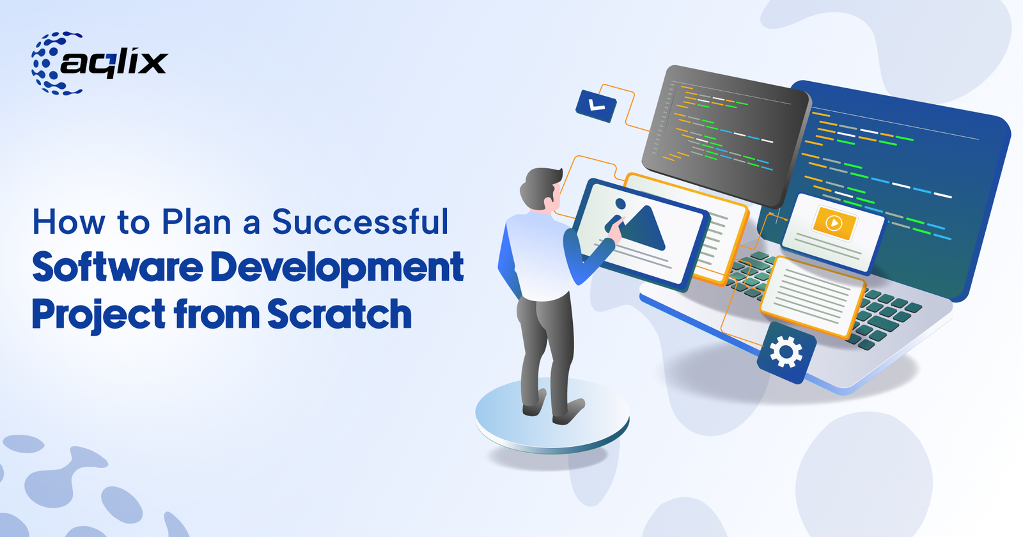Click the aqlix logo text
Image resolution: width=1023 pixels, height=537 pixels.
(115, 63)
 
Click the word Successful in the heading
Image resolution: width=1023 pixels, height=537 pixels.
(360, 222)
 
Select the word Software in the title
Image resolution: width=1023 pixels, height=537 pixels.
(118, 267)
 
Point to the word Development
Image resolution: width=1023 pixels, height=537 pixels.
(337, 268)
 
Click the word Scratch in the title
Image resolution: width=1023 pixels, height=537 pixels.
(340, 315)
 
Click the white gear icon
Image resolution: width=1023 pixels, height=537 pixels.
(786, 352)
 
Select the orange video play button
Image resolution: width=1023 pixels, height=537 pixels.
(833, 223)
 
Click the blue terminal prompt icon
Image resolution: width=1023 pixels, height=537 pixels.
(596, 105)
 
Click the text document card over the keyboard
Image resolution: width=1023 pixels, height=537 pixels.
(810, 296)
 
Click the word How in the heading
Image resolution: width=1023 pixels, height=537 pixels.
(68, 222)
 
